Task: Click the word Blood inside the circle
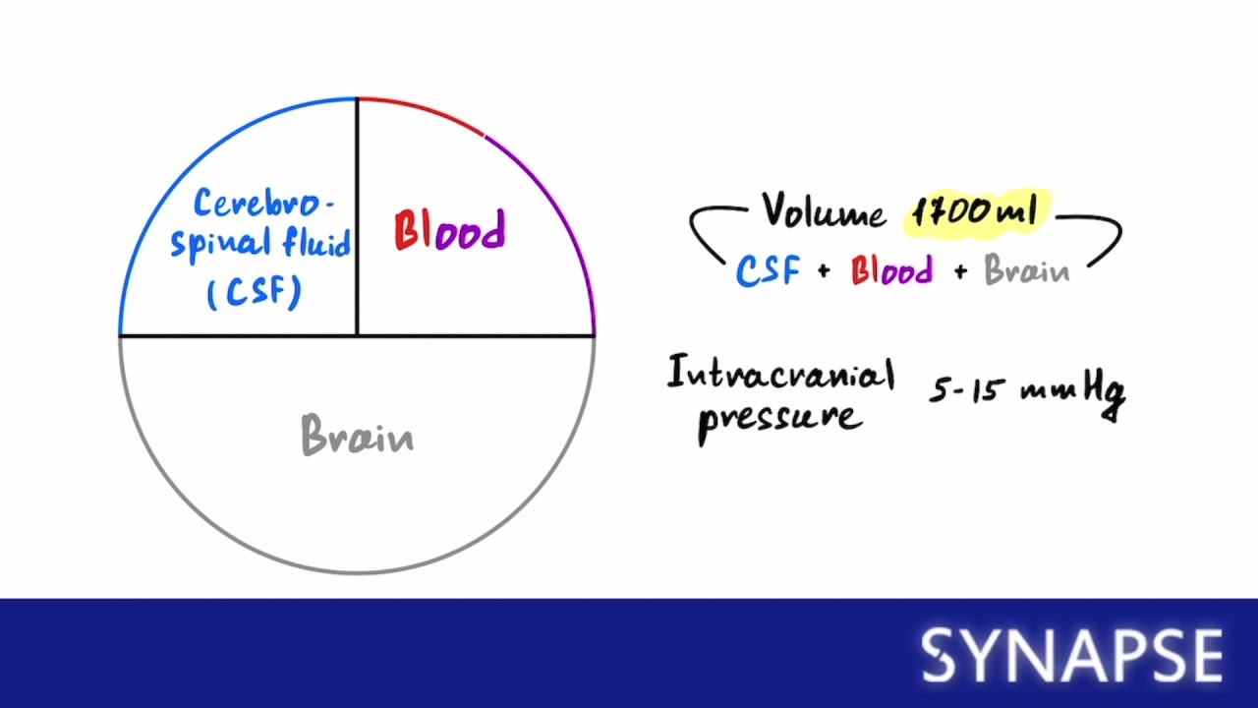point(449,231)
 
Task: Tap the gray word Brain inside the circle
point(357,436)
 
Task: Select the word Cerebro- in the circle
point(262,205)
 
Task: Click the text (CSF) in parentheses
point(254,292)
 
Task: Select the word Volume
point(824,210)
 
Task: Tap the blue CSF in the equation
point(768,270)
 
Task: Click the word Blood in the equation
point(891,270)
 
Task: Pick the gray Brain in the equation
point(1026,270)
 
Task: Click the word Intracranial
point(780,375)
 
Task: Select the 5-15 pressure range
point(968,390)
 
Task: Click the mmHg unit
point(1074,390)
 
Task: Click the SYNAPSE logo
point(1071,655)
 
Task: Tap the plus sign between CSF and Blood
point(824,272)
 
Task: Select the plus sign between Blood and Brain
point(959,272)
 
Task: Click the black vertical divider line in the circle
point(357,216)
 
